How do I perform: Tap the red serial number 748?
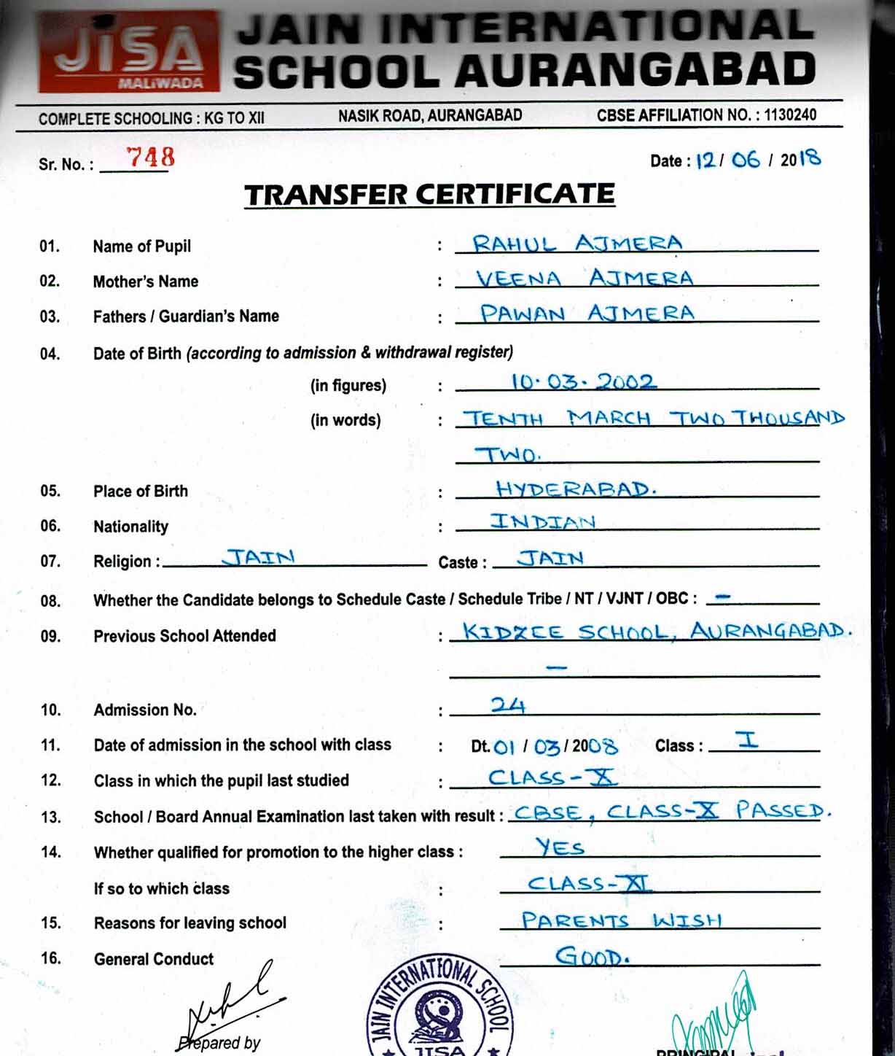(x=150, y=157)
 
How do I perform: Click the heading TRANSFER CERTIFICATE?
(x=429, y=195)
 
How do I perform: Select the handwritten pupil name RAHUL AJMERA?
(x=577, y=243)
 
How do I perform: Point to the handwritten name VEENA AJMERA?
(x=584, y=278)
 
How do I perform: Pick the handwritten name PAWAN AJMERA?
(x=587, y=314)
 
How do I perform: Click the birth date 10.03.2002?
(x=583, y=381)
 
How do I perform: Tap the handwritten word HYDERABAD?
(x=576, y=489)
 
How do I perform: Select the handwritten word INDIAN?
(x=543, y=521)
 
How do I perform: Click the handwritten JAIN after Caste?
(x=550, y=559)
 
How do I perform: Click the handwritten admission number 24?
(x=508, y=705)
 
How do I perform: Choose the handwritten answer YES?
(x=560, y=847)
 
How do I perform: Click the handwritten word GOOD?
(x=592, y=956)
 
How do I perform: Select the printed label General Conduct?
(x=154, y=959)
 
